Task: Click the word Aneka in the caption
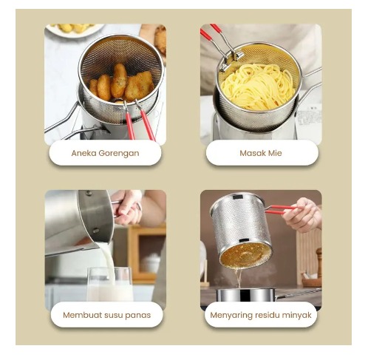point(84,153)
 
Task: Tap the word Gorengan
point(119,154)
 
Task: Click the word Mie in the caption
point(275,153)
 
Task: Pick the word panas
point(140,316)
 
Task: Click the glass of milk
point(110,284)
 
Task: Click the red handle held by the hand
point(281,209)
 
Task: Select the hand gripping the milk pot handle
point(128,207)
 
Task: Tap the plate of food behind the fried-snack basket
point(74,30)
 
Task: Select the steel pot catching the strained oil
point(245,295)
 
